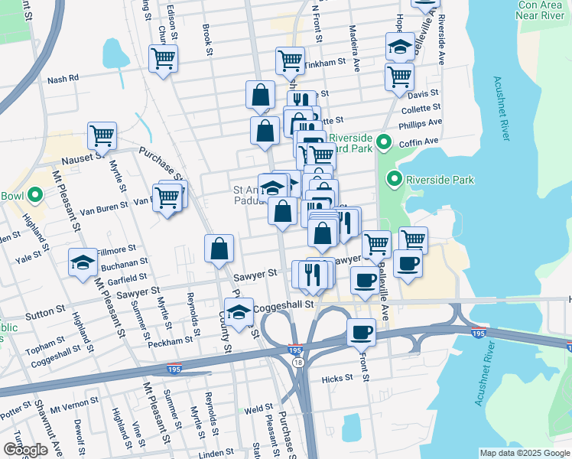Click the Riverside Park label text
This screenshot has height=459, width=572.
pos(440,181)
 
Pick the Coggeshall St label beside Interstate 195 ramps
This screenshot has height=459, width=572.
pos(288,304)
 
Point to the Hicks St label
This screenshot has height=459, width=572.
pos(337,378)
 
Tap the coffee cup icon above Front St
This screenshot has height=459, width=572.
pos(361,333)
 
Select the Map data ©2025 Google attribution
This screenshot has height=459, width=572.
pos(523,453)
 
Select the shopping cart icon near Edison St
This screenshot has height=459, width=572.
pos(164,57)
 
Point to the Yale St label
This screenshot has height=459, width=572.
pos(33,259)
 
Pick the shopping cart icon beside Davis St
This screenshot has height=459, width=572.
pos(399,76)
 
